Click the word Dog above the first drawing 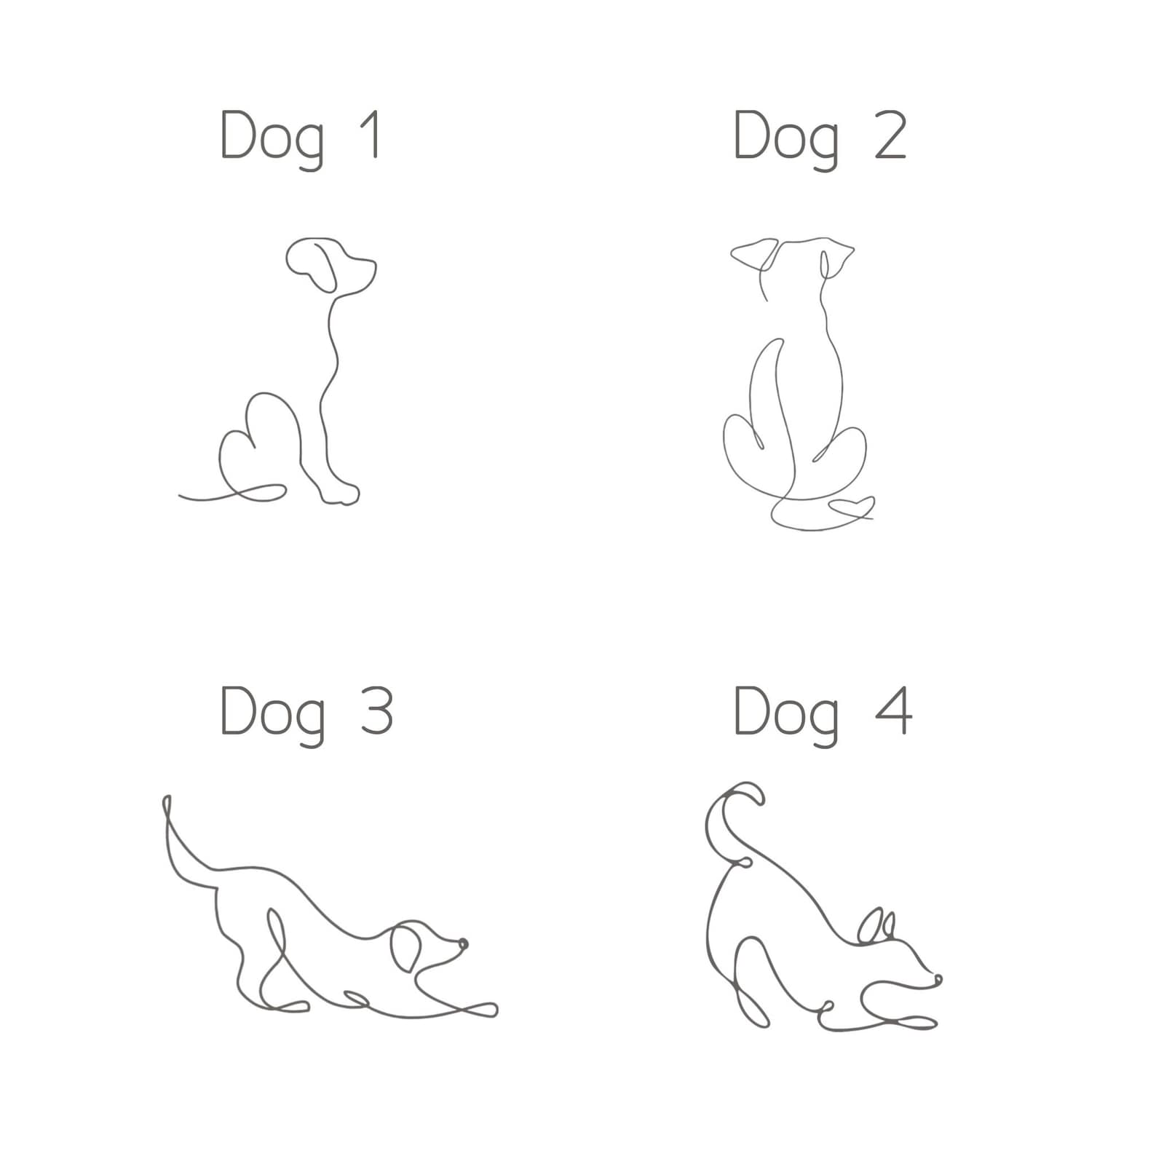pos(273,139)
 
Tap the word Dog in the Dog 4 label pos(787,716)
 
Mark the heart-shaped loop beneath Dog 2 pos(852,507)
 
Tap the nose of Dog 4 pos(938,979)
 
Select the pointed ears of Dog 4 pos(876,926)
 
